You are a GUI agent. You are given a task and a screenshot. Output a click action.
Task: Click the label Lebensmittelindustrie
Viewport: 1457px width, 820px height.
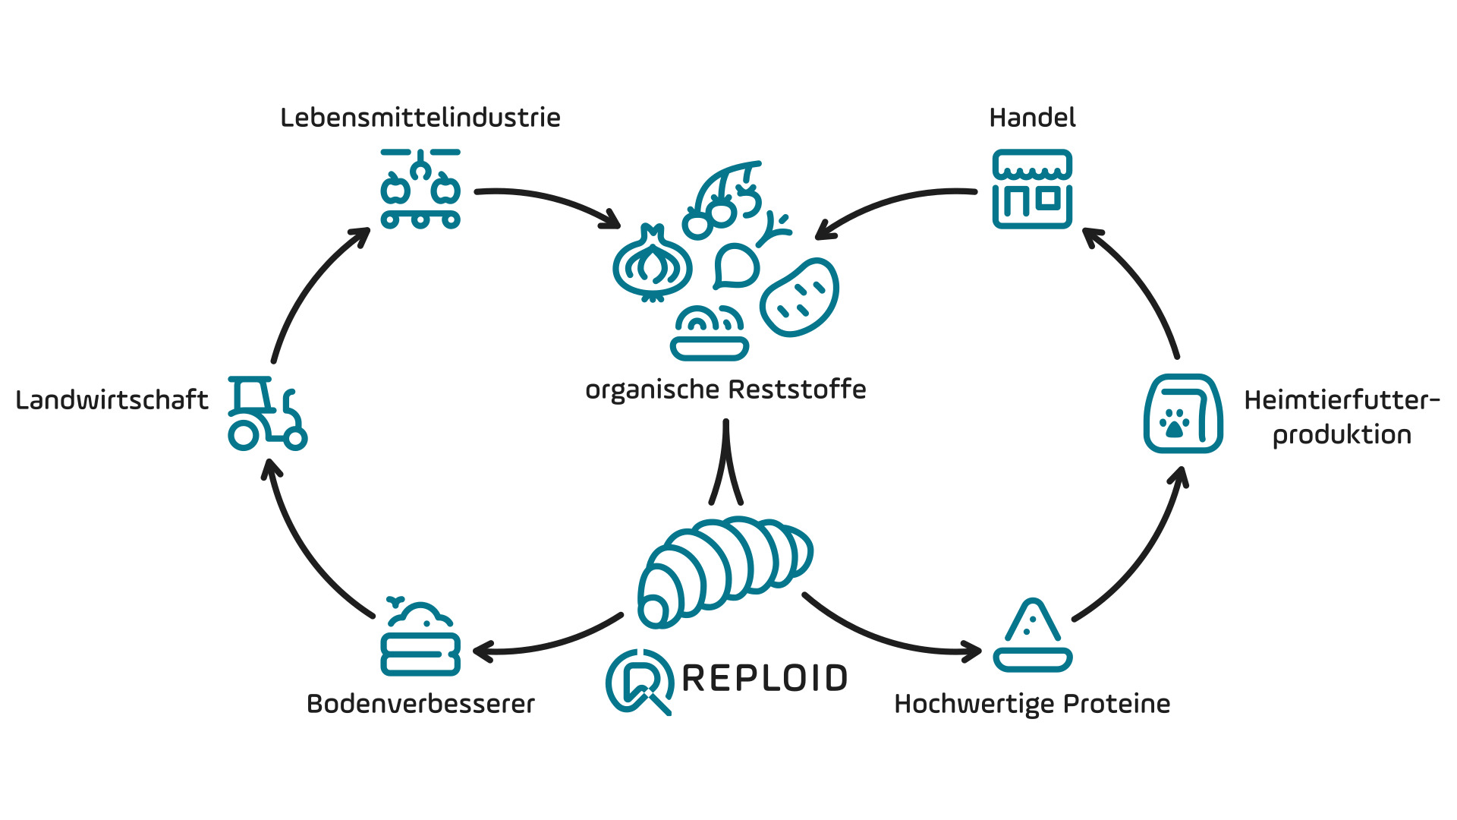[420, 118]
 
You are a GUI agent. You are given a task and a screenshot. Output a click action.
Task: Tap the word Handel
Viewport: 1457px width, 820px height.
[1032, 118]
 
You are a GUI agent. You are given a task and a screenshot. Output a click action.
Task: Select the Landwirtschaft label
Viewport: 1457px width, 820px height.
[112, 400]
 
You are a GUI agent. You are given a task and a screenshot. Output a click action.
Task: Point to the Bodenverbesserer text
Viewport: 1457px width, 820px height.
[420, 704]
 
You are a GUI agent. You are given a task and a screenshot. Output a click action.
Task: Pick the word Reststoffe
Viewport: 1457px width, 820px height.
[798, 389]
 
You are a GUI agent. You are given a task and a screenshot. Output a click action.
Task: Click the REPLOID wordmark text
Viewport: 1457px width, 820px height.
[764, 678]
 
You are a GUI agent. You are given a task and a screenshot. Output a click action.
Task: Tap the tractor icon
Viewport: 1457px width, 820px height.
[266, 413]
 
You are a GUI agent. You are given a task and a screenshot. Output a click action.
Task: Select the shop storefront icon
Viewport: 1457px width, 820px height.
[1032, 189]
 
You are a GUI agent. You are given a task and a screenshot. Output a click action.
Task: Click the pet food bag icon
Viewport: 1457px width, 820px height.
[1182, 414]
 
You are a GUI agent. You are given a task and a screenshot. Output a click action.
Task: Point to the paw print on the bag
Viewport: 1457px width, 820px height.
[1175, 423]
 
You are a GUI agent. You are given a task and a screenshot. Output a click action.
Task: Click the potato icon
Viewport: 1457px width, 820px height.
[800, 297]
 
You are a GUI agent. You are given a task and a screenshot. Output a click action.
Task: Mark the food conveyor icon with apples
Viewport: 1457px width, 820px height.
[420, 189]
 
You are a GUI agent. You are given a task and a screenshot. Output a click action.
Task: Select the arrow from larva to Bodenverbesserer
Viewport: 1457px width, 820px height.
[546, 642]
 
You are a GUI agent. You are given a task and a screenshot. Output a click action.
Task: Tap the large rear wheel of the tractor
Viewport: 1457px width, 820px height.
[244, 435]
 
